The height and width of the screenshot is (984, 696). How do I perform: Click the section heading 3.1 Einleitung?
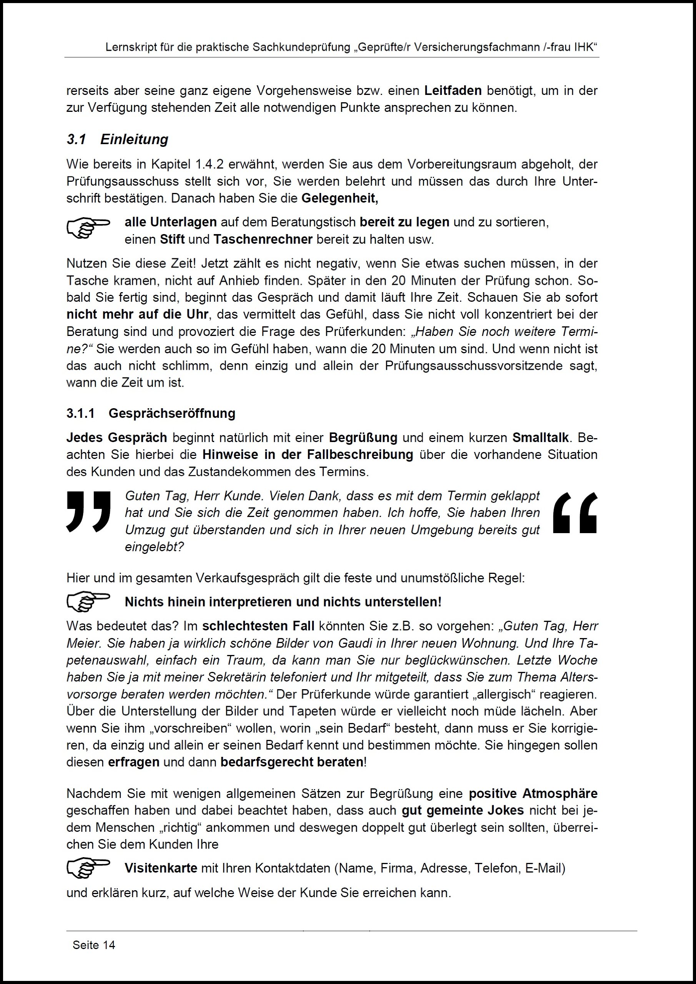point(117,140)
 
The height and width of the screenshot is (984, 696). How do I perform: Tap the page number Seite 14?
point(93,945)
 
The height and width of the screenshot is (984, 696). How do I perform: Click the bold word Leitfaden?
point(453,91)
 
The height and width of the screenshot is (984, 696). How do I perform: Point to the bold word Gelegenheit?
point(340,198)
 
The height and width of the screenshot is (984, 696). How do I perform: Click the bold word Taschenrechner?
point(263,239)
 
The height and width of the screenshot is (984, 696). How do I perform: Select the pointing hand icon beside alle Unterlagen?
point(88,228)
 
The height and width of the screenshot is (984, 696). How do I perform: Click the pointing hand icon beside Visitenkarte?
point(88,868)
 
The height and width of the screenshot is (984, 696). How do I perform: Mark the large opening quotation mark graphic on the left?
point(88,511)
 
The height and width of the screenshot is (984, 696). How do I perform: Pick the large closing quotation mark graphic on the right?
point(574,513)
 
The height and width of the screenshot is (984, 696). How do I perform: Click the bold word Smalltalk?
point(540,437)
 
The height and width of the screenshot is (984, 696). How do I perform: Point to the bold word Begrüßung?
point(363,437)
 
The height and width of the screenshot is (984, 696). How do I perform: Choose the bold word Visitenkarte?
point(161,868)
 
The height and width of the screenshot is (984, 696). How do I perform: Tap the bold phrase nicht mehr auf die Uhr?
point(137,314)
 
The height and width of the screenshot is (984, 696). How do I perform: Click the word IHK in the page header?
point(583,47)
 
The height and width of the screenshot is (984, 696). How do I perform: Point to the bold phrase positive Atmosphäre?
point(533,794)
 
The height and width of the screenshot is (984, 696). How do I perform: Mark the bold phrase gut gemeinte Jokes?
point(463,810)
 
